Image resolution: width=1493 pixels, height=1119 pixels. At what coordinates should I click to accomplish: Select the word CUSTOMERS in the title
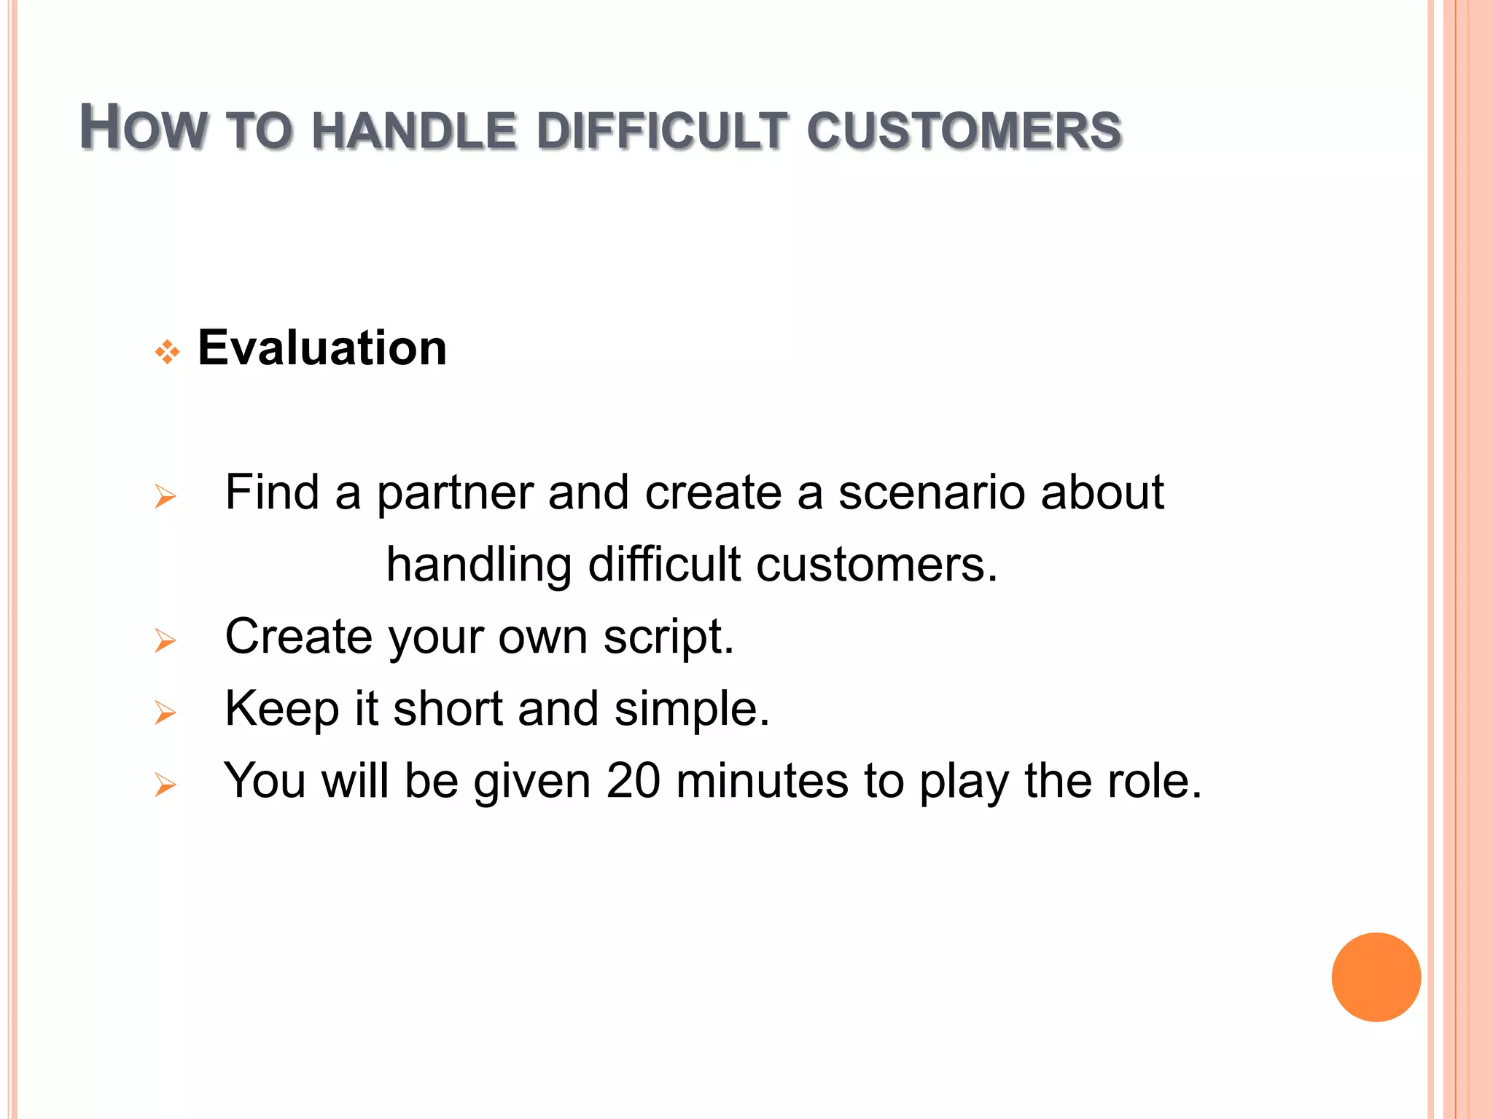click(x=964, y=131)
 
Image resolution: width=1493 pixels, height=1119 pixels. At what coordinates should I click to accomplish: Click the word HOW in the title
click(x=143, y=128)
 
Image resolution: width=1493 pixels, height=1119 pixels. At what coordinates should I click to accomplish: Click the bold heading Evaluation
click(x=321, y=348)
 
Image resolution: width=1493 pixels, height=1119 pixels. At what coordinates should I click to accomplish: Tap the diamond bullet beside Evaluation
click(x=167, y=353)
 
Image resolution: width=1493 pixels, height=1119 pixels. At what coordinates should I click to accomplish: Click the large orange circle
click(x=1376, y=977)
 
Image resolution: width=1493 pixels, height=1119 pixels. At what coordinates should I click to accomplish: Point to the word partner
click(x=455, y=494)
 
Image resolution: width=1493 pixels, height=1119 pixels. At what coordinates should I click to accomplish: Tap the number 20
click(x=633, y=781)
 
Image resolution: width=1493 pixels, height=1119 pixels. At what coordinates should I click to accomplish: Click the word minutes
click(x=762, y=781)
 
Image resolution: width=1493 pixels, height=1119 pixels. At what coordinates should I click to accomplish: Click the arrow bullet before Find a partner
click(x=165, y=497)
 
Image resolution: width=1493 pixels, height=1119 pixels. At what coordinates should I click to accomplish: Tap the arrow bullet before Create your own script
click(x=165, y=641)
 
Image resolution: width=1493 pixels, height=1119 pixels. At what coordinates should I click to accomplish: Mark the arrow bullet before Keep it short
click(x=165, y=712)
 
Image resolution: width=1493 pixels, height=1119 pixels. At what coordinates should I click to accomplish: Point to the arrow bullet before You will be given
click(x=165, y=785)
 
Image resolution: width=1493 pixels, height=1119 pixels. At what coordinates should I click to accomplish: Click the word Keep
click(x=281, y=710)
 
